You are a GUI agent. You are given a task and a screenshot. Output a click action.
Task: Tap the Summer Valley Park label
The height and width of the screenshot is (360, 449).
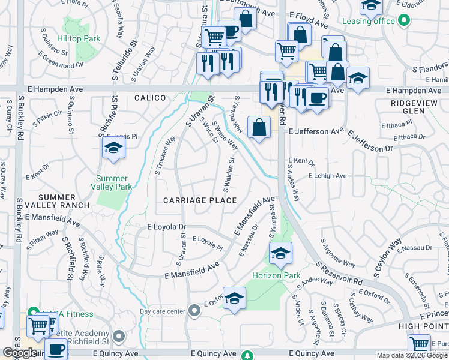coord(112,182)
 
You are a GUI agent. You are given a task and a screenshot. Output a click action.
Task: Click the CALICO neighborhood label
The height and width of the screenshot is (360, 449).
coord(149,97)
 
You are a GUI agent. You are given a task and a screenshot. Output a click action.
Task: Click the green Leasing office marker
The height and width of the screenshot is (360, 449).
coord(403,21)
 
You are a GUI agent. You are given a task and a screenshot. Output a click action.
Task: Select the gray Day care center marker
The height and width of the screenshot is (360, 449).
coord(194,311)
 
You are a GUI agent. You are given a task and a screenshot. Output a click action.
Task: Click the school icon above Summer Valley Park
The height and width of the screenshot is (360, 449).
coord(113,148)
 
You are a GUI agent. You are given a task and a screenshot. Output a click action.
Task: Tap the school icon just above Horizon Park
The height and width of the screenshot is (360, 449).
coord(280,253)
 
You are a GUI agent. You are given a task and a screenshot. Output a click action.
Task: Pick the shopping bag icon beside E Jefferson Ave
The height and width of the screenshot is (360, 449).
coord(259,127)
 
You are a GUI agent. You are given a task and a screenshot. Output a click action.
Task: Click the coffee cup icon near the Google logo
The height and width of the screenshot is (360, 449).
coord(57,348)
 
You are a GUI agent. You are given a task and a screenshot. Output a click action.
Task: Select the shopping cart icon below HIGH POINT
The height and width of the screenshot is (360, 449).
coord(419,344)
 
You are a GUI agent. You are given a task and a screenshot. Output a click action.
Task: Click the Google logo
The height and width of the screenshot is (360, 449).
coord(20,353)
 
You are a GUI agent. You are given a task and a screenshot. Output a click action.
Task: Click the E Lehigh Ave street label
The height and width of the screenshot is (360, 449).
coord(328,176)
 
